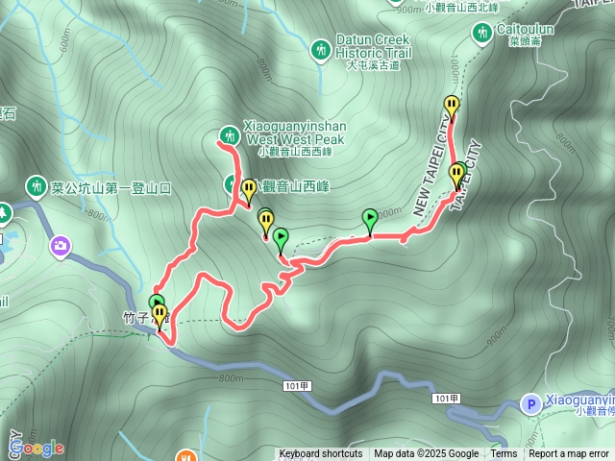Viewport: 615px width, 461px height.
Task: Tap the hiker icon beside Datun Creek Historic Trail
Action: (x=321, y=48)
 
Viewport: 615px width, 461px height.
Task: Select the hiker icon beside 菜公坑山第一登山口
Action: (x=37, y=184)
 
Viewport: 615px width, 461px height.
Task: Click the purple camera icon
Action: (x=61, y=247)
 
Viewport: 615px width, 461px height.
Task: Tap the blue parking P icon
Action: (x=529, y=404)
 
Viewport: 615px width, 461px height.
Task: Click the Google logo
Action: (x=37, y=448)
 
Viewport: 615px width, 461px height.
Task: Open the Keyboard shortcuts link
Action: (x=321, y=454)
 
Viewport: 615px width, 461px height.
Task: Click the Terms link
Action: (x=504, y=454)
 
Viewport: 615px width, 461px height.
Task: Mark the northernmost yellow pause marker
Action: (x=452, y=106)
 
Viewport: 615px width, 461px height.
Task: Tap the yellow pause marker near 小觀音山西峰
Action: (x=249, y=188)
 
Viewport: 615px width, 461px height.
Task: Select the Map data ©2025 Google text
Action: (x=427, y=454)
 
